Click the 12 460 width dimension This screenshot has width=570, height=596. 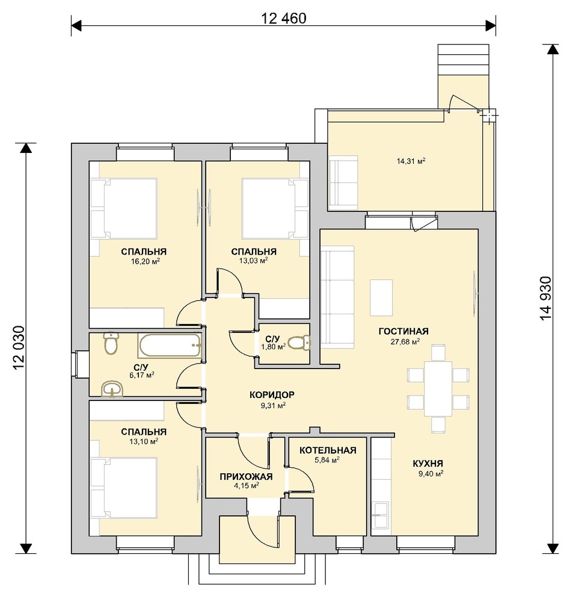[x=284, y=18]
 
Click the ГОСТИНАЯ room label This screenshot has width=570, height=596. [x=403, y=331]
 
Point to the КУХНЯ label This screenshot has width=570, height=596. [x=427, y=464]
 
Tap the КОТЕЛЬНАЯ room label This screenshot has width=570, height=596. [x=328, y=450]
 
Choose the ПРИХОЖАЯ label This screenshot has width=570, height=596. [x=246, y=477]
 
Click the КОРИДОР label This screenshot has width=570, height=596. [x=272, y=395]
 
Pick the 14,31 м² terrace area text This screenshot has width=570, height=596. [x=411, y=161]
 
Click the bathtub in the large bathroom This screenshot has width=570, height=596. [x=170, y=346]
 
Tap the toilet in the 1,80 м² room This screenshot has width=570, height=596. [x=299, y=343]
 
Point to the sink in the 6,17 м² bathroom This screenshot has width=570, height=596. [x=112, y=390]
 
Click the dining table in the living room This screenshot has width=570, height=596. [x=438, y=388]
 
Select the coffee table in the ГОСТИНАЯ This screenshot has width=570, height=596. [x=381, y=297]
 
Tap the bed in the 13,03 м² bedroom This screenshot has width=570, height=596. [x=275, y=209]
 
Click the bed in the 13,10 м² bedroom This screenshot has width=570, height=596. [x=124, y=488]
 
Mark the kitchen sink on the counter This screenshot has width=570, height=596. [x=380, y=515]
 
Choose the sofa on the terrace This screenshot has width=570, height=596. [x=343, y=183]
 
